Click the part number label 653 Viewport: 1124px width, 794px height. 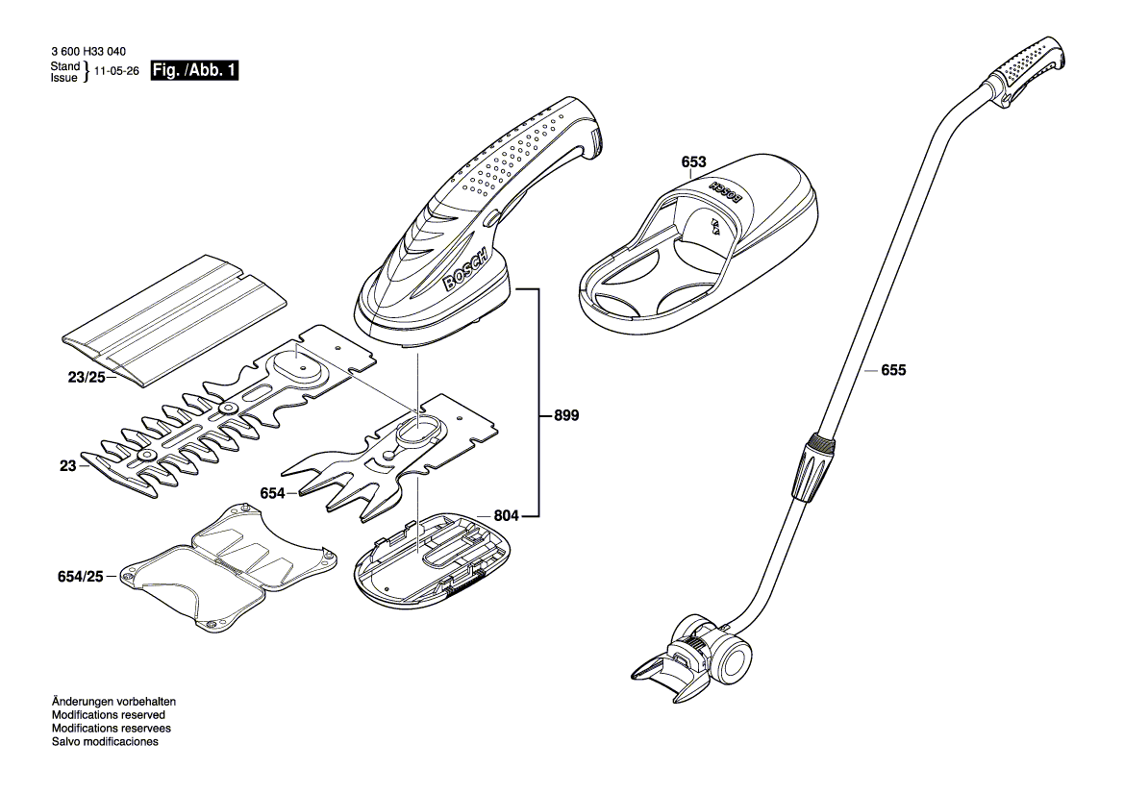(x=694, y=163)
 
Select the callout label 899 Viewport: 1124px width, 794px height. (x=566, y=416)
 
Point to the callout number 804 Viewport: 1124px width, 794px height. (x=507, y=516)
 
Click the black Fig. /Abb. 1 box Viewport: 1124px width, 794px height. (x=194, y=71)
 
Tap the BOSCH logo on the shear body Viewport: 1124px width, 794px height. (x=465, y=272)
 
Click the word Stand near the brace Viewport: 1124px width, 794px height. (x=64, y=65)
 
